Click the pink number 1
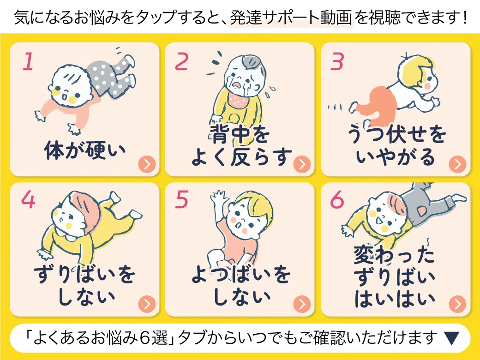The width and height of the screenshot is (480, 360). pyautogui.click(x=28, y=61)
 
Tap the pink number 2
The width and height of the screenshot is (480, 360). pyautogui.click(x=181, y=61)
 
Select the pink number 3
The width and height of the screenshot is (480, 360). pyautogui.click(x=337, y=61)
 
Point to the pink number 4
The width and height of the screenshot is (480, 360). pyautogui.click(x=28, y=199)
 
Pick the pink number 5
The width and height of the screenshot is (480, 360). pyautogui.click(x=182, y=199)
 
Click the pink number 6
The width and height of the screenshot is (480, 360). pyautogui.click(x=337, y=199)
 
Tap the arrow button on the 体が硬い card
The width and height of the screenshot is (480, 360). pyautogui.click(x=147, y=164)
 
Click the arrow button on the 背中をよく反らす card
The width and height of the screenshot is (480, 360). pyautogui.click(x=302, y=164)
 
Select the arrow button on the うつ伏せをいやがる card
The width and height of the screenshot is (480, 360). pyautogui.click(x=458, y=164)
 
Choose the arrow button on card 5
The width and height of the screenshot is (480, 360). pyautogui.click(x=302, y=304)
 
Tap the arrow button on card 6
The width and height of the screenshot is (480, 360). pyautogui.click(x=458, y=304)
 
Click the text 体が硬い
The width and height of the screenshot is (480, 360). pyautogui.click(x=85, y=150)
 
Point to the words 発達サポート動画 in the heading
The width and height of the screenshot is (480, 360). pyautogui.click(x=291, y=18)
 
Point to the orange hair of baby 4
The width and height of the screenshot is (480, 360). pyautogui.click(x=86, y=209)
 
